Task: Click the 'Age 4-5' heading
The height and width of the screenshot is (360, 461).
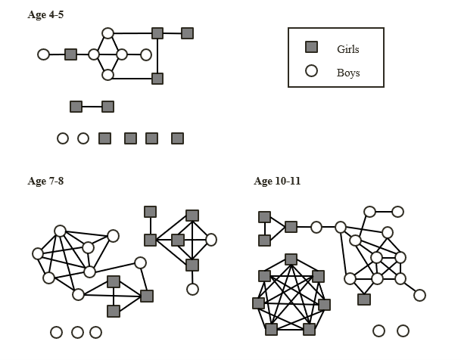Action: (x=45, y=15)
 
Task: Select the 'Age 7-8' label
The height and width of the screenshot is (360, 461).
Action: (x=45, y=181)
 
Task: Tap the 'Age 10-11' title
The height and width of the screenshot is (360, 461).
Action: (x=277, y=181)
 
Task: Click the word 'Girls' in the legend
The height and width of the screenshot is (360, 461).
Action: (x=348, y=49)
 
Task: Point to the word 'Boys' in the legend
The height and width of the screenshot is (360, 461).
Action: (x=348, y=73)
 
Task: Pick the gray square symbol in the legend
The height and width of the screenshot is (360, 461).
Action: (x=311, y=47)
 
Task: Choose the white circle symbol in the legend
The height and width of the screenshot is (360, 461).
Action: (x=311, y=72)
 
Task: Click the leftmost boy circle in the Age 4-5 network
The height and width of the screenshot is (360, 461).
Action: (x=43, y=54)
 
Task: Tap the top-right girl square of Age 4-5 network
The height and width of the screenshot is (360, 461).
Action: (x=187, y=33)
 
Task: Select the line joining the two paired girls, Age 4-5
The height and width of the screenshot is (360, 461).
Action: (x=92, y=107)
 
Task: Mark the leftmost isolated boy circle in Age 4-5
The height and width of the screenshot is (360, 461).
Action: (x=63, y=138)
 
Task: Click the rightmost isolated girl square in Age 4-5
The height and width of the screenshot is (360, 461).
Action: (x=177, y=138)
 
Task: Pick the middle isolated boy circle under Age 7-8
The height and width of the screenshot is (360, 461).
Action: (x=77, y=332)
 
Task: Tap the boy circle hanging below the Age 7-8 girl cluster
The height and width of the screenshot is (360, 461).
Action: (x=192, y=289)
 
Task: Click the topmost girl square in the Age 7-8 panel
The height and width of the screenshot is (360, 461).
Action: (x=150, y=212)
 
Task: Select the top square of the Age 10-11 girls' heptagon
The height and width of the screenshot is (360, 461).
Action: (x=291, y=259)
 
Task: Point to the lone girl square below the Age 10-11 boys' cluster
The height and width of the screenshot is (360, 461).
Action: (x=364, y=299)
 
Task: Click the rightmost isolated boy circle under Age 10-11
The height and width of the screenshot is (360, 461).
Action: (x=403, y=331)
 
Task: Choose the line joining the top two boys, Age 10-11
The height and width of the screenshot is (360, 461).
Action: (x=384, y=212)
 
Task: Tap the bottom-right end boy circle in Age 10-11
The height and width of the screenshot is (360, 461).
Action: (x=419, y=295)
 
